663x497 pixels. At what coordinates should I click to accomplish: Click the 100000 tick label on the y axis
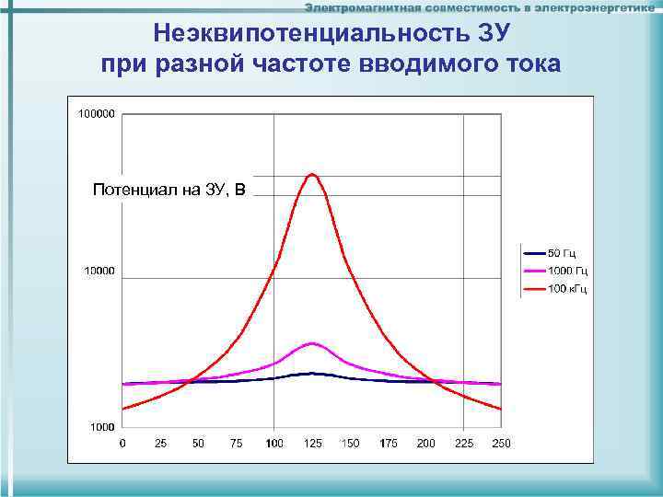point(97,114)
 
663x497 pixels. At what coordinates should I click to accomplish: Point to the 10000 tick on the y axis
point(99,272)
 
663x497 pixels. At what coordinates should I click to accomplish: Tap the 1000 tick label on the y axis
point(102,427)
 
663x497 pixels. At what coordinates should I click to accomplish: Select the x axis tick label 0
point(123,444)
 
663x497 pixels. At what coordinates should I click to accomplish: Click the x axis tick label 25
point(160,444)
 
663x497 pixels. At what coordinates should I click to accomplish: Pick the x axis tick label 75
point(237,444)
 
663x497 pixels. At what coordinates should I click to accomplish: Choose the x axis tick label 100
point(274,444)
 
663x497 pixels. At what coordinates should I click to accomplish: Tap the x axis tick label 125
point(312,444)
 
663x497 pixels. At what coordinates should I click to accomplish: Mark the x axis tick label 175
point(389,444)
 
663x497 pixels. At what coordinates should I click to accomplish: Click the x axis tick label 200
point(426,444)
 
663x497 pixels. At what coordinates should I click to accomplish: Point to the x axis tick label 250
point(501,444)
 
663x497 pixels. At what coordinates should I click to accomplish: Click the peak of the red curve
point(312,173)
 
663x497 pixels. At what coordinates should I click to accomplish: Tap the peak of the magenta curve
point(312,343)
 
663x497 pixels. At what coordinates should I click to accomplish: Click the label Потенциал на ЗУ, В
point(169,191)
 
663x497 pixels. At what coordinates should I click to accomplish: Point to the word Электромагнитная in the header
point(364,7)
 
